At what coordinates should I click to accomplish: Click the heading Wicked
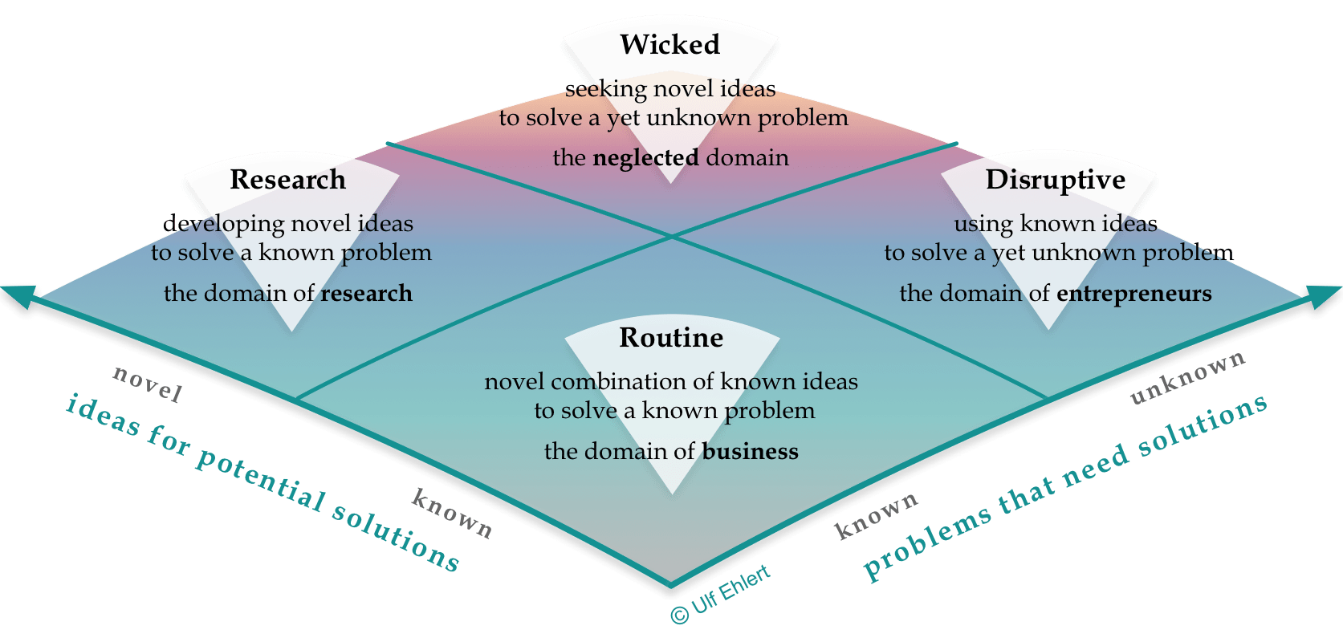669,45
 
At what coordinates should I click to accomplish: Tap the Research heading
287,180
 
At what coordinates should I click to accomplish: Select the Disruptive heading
1055,180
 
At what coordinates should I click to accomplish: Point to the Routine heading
671,338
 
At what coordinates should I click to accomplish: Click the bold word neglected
645,157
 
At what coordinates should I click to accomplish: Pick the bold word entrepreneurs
1133,294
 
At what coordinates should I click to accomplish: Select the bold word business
750,452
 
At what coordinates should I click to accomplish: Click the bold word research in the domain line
366,294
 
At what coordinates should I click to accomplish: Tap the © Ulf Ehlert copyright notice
720,595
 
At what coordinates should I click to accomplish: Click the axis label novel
148,383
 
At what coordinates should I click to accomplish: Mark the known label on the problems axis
876,516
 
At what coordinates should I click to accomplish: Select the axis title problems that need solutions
1064,486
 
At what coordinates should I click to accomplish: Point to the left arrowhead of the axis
19,294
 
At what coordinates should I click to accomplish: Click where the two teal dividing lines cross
672,236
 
